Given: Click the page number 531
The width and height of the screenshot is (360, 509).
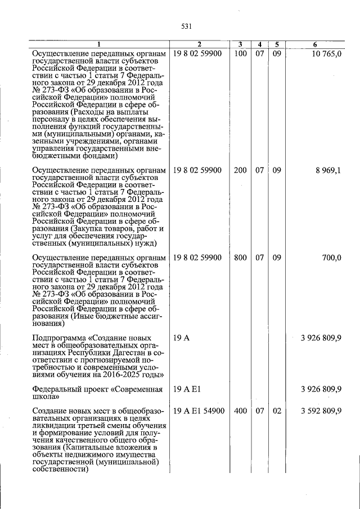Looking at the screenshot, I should (x=187, y=26).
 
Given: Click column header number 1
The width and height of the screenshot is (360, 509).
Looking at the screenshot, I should (x=99, y=44).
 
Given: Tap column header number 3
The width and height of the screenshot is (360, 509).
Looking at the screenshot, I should (x=240, y=44).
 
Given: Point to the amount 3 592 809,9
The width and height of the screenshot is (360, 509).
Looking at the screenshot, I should (x=321, y=411).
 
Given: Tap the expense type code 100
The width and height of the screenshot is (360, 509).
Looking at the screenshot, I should (x=240, y=53).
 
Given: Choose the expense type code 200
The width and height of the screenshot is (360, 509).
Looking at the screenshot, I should (x=240, y=170).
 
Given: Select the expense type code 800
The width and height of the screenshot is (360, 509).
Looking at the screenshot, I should (x=240, y=258).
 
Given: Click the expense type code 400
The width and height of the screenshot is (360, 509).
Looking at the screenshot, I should (x=240, y=411).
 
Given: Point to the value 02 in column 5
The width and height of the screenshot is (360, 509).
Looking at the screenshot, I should (x=277, y=411).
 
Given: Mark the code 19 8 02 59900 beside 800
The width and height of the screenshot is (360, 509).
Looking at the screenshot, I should (x=197, y=258).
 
